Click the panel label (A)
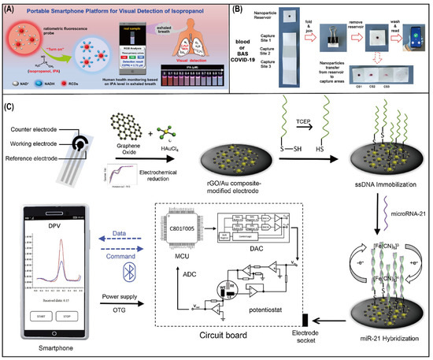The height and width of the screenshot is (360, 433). tap(13, 10)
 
